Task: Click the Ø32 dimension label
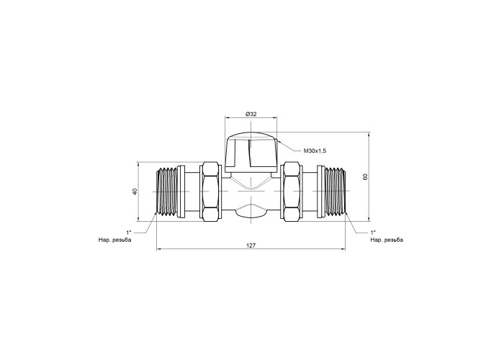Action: point(251,114)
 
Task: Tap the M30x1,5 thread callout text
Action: point(315,150)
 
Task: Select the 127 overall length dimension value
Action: point(251,246)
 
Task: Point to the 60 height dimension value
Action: point(365,176)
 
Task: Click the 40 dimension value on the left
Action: point(135,192)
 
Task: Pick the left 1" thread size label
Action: point(129,232)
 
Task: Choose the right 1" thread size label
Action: point(373,232)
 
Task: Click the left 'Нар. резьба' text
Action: point(114,240)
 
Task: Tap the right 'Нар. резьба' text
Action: point(387,240)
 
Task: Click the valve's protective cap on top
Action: point(251,152)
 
